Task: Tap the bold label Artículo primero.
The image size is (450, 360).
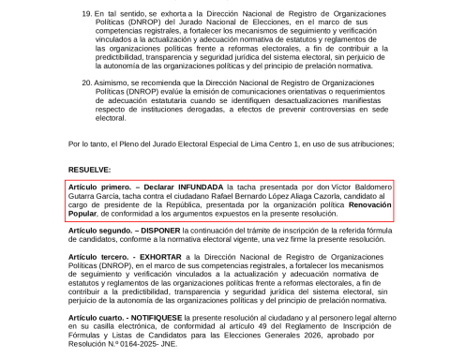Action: (97, 187)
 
